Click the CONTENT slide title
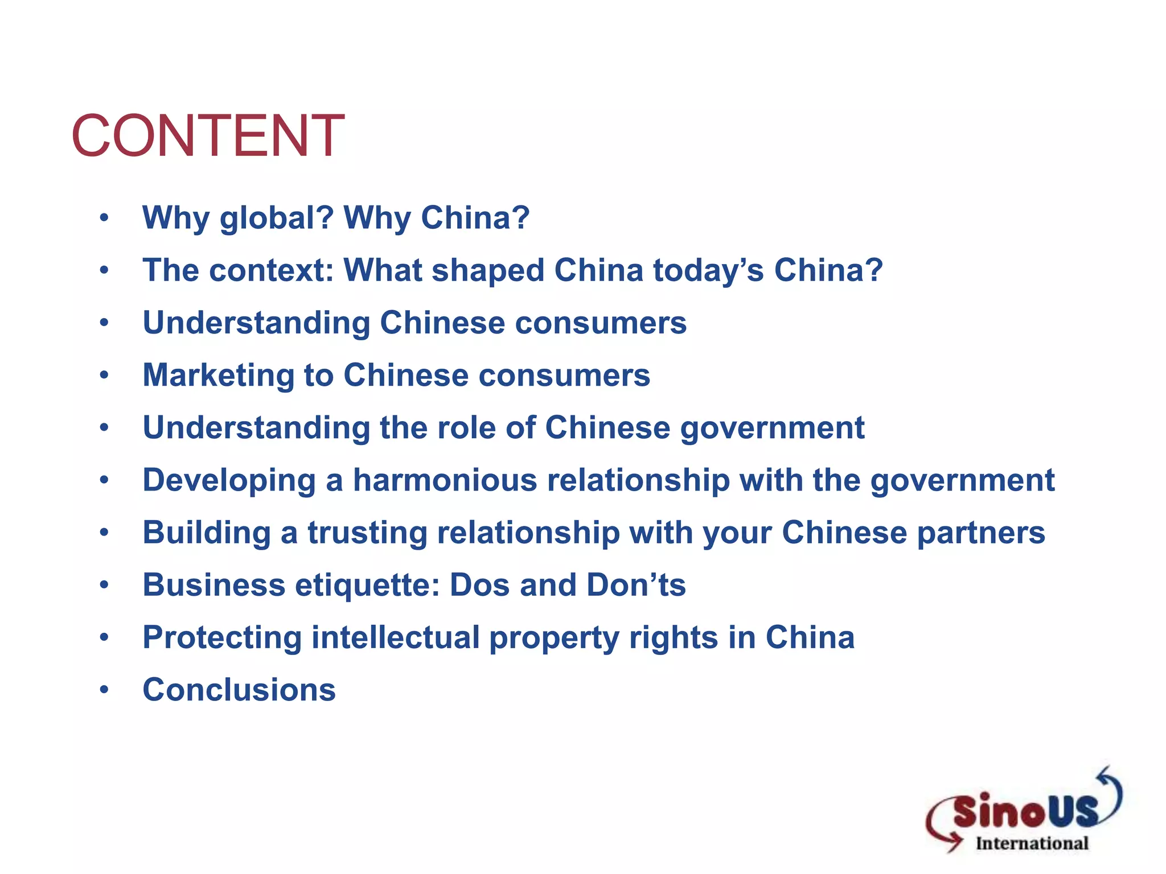click(x=208, y=136)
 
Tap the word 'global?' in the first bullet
click(x=277, y=218)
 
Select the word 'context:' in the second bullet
click(x=272, y=270)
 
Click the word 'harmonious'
click(x=445, y=480)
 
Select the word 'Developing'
click(x=229, y=480)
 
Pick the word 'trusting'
click(x=367, y=533)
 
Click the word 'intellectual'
click(x=396, y=638)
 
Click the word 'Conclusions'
click(x=239, y=690)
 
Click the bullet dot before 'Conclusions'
click(x=104, y=690)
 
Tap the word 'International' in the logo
click(x=1032, y=843)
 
